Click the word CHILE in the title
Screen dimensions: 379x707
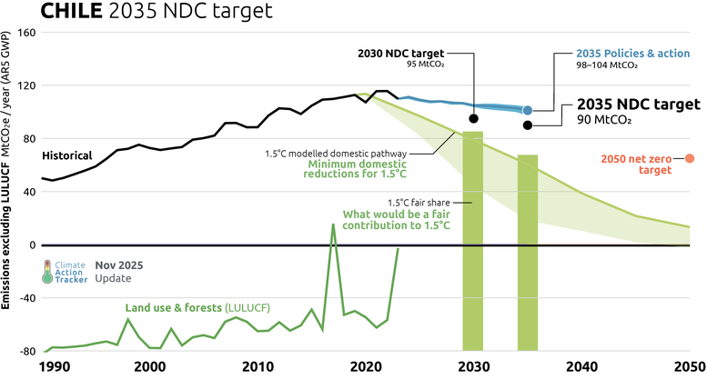tap(39, 12)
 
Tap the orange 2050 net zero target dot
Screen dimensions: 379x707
tap(689, 159)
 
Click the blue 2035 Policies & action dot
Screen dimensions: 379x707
tap(528, 110)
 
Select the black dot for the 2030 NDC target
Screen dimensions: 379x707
tap(473, 118)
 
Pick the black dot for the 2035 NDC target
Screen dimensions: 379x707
tap(528, 125)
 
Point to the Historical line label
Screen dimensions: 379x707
tap(66, 155)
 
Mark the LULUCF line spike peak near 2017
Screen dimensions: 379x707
tap(333, 224)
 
